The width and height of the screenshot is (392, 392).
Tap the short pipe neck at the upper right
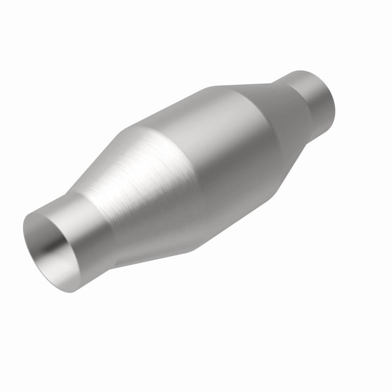click(x=314, y=98)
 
